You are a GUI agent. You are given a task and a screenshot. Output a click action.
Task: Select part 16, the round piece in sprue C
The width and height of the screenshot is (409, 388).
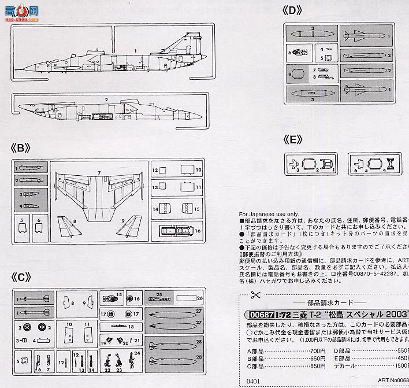coord(129,298)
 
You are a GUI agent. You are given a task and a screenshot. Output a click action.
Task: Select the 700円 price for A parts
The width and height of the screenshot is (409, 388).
coord(317,350)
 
